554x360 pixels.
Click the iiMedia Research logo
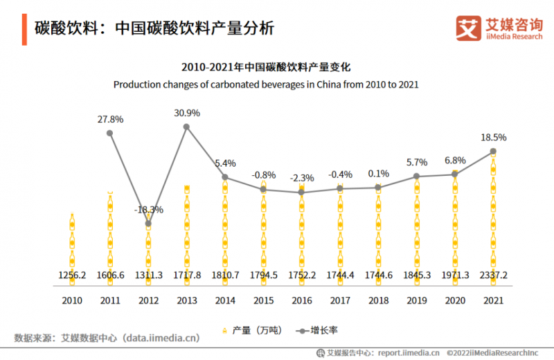[x=499, y=28]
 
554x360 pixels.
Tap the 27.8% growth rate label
[x=110, y=119]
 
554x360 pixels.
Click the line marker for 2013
[x=186, y=126]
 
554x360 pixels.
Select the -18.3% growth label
[x=148, y=209]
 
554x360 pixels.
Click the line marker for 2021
[x=492, y=151]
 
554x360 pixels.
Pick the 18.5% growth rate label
[x=493, y=138]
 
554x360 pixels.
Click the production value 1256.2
[x=72, y=275]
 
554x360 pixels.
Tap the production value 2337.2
[x=493, y=275]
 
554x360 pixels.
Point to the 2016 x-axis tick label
[x=301, y=300]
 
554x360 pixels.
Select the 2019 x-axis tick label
[x=416, y=300]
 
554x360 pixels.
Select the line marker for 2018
[x=377, y=188]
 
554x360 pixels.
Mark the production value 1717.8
[x=186, y=275]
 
